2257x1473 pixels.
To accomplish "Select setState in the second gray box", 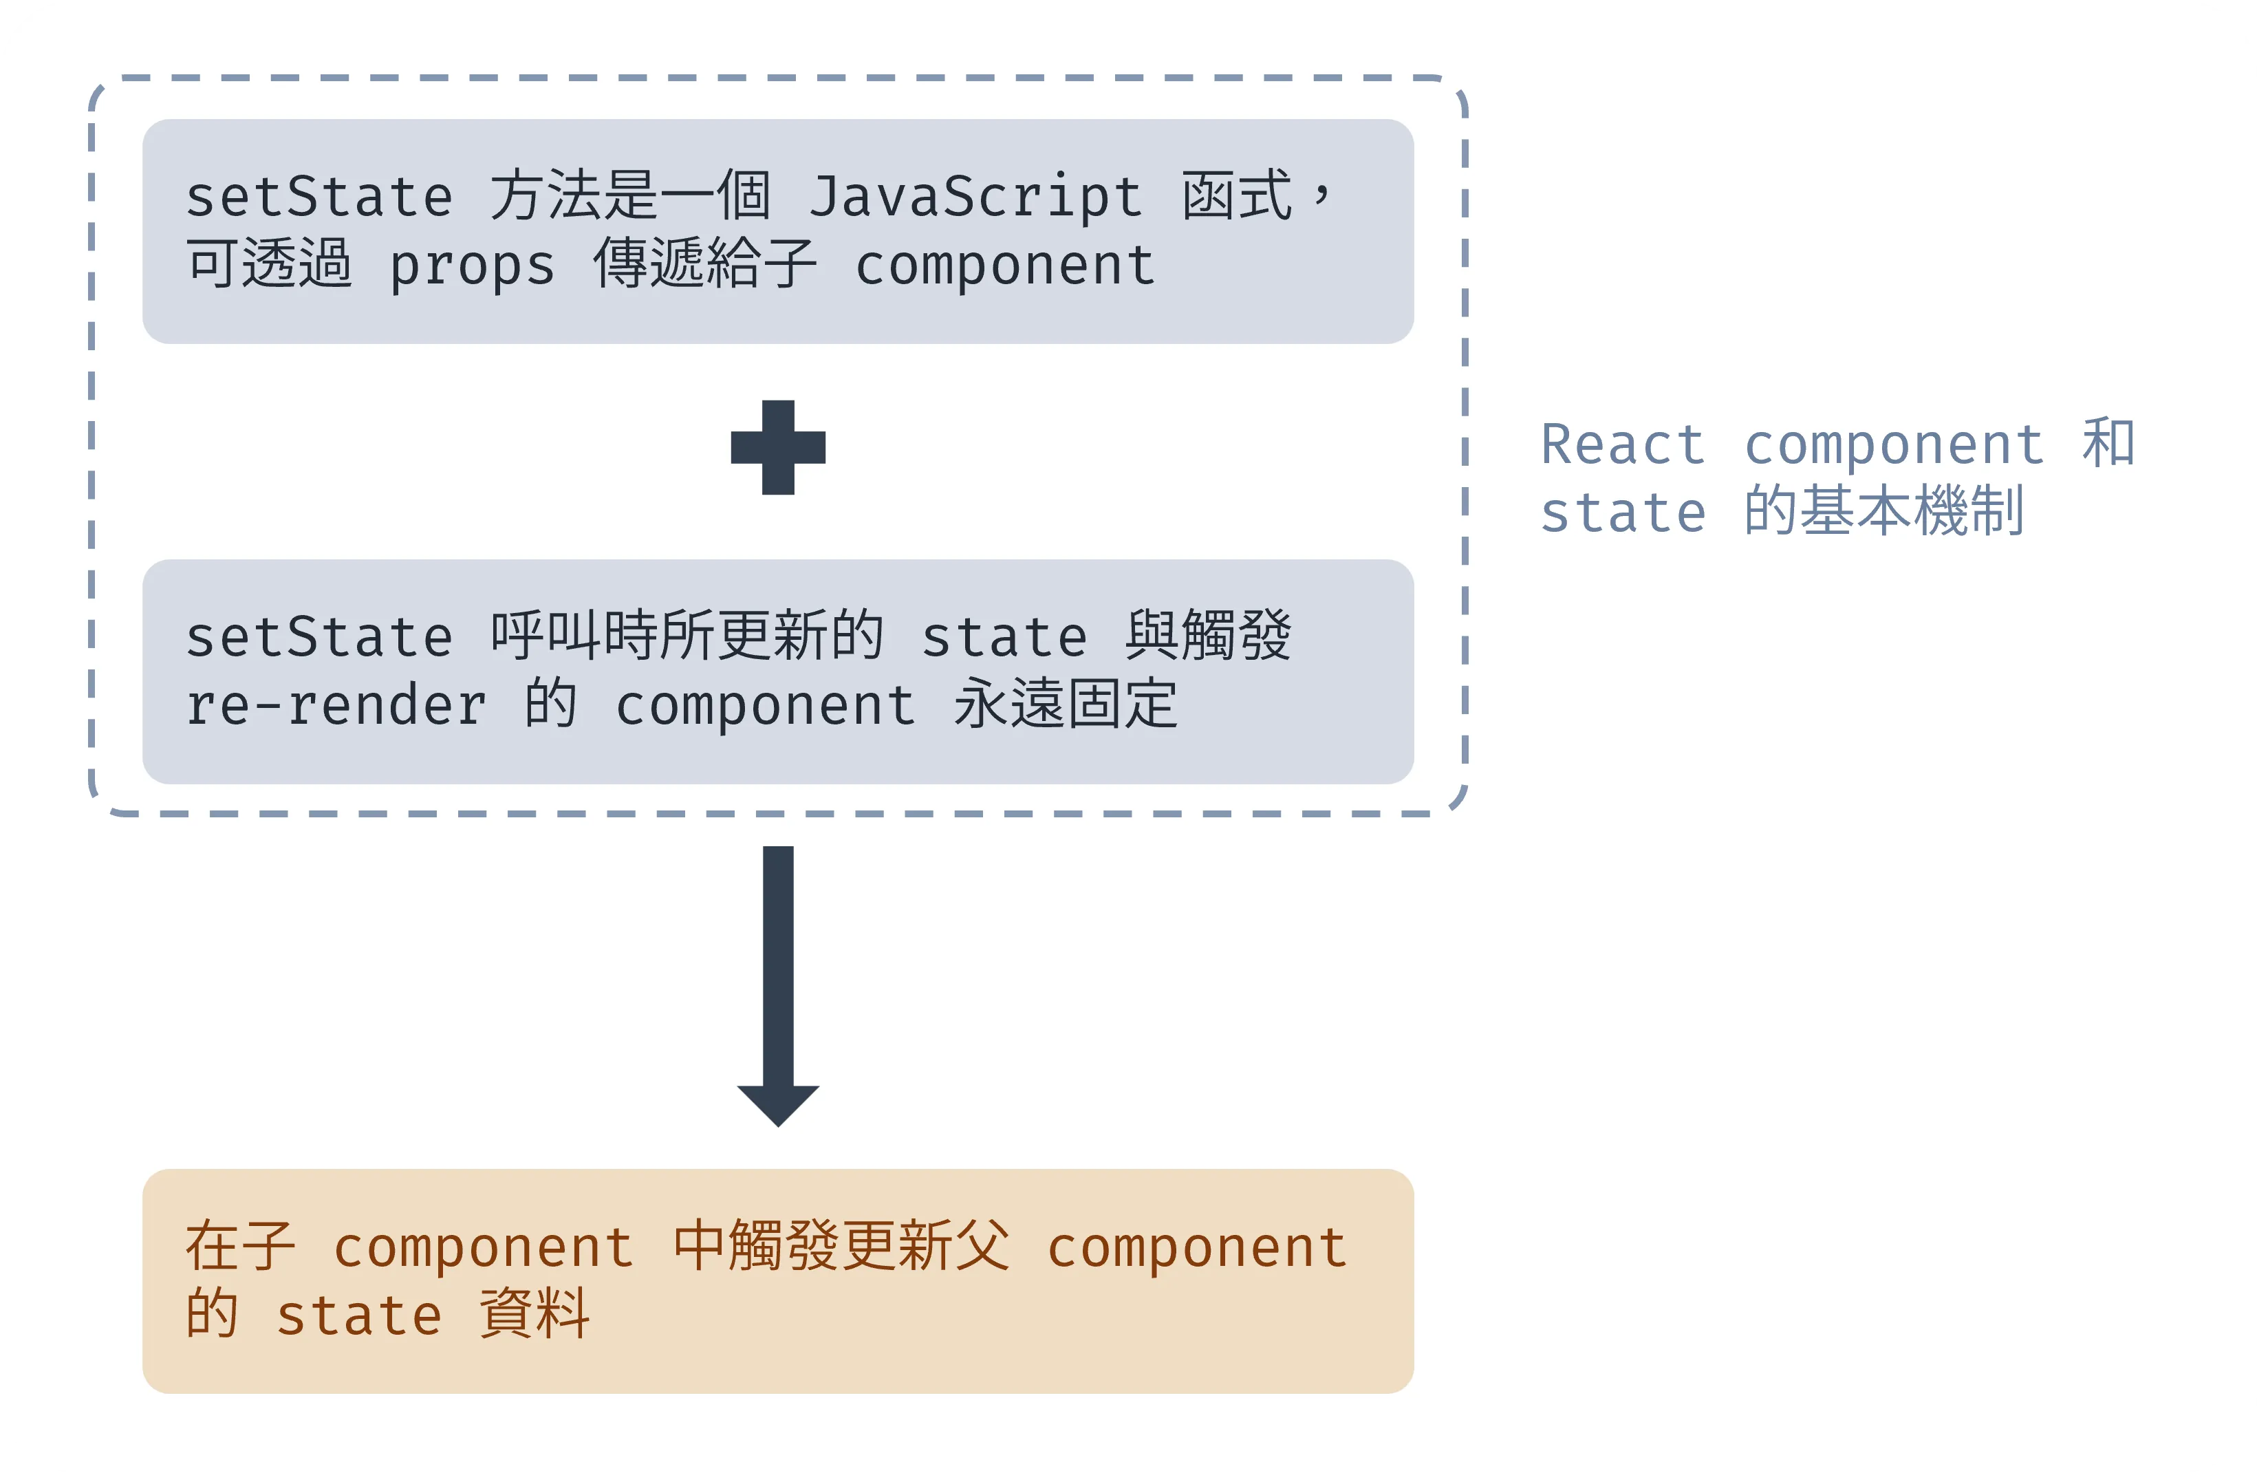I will pos(318,636).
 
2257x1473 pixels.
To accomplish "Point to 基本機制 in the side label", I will pos(1912,511).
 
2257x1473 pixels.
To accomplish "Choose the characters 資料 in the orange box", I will pos(535,1315).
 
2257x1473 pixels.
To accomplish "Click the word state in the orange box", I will pos(359,1315).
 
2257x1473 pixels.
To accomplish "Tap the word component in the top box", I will pos(1005,265).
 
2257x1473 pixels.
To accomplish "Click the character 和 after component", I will pos(2109,443).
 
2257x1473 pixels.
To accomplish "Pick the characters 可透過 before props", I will pos(270,264).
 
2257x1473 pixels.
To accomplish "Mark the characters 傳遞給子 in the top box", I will pos(704,264).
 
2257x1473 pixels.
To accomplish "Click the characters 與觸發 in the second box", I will pos(1208,636).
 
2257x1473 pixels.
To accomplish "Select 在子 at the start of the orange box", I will pos(241,1247).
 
